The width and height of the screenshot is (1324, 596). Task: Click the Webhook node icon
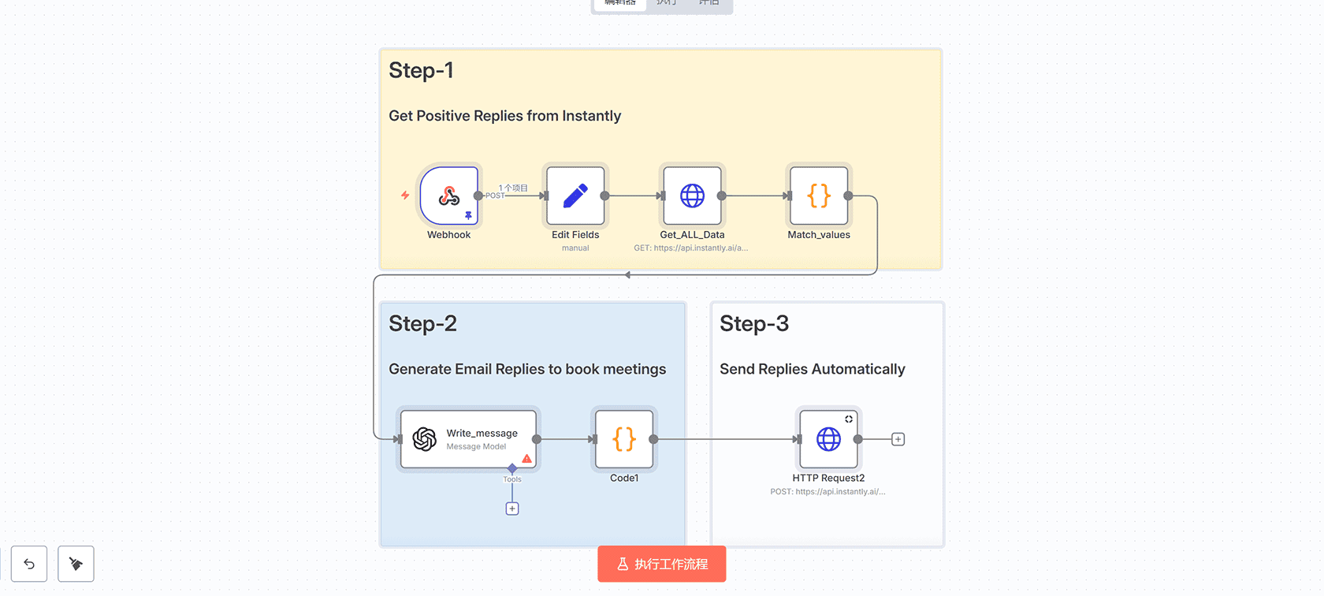coord(448,196)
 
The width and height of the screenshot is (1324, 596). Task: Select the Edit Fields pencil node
coord(575,196)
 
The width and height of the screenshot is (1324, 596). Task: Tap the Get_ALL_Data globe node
coord(692,196)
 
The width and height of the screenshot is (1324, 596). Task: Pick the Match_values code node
coord(819,196)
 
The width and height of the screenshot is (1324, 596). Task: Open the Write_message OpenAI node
coord(468,439)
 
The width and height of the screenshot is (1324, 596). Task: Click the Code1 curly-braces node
coord(624,439)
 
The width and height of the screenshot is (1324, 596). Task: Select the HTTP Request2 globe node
coord(828,439)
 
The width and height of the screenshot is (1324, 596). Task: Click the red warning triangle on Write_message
coord(526,459)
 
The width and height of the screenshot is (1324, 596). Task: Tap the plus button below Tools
coord(512,508)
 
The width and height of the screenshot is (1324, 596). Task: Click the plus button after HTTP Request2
coord(898,439)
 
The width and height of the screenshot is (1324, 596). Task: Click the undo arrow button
coord(29,564)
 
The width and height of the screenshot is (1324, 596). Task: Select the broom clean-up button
coord(76,564)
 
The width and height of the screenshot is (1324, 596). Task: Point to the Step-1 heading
coord(421,71)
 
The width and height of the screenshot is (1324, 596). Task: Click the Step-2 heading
coord(422,324)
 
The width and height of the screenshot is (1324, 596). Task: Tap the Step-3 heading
coord(753,324)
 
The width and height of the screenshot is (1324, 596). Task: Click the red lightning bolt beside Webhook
coord(405,195)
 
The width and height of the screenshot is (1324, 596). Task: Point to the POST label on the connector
coord(495,196)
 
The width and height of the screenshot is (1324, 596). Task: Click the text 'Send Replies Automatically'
coord(812,369)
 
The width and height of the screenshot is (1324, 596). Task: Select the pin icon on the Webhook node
coord(468,215)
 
